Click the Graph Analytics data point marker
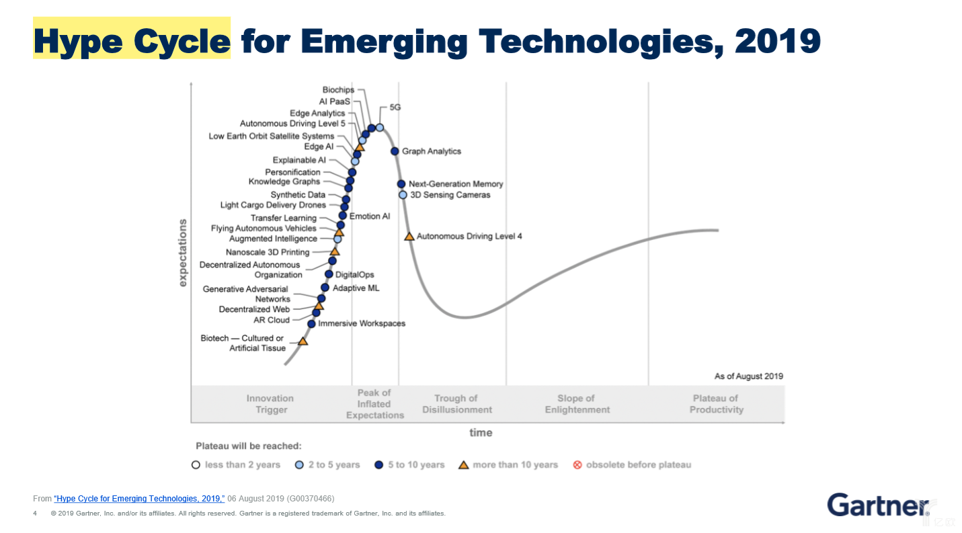tap(395, 151)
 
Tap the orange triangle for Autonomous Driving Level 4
tap(409, 236)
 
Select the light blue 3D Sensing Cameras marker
tap(403, 195)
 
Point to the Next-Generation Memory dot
tap(401, 184)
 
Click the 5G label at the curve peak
tap(395, 108)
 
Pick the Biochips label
tap(338, 90)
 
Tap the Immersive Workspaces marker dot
tap(311, 324)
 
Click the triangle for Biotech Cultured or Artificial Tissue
tap(303, 341)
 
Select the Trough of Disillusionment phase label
tap(457, 404)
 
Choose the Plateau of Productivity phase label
tap(717, 404)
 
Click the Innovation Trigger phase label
tap(270, 404)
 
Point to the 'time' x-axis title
tap(481, 432)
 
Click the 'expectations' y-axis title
tap(183, 253)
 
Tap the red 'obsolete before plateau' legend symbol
tap(577, 464)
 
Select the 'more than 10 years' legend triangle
tap(463, 464)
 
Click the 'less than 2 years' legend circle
tap(196, 464)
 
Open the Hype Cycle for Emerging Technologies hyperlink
tap(139, 499)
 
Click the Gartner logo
tap(878, 505)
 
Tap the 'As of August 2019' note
tap(748, 376)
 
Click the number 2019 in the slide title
tap(778, 41)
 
